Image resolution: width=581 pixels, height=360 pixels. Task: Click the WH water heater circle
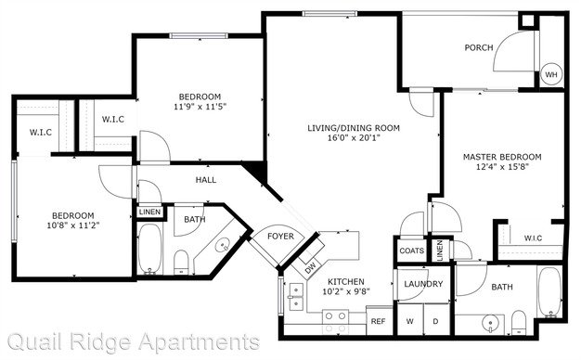coord(551,74)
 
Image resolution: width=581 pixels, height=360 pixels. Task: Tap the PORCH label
coord(479,47)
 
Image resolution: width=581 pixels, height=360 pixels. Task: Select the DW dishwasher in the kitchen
coord(310,267)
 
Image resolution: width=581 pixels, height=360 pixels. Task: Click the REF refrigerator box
coord(379,321)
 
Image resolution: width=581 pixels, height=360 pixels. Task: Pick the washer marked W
coord(410,320)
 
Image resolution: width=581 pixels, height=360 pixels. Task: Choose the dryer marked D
coord(436,320)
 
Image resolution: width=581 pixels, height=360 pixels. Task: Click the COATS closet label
coord(412,251)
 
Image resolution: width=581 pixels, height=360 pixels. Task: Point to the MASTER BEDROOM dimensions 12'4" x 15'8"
coord(502,167)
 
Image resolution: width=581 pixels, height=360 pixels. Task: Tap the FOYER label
coord(280,236)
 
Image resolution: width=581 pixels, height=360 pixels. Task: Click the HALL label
coord(206,180)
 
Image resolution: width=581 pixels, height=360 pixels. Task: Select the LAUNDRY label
coord(423,284)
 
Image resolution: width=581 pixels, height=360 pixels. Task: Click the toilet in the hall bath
coord(181,262)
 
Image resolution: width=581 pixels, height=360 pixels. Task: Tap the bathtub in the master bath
coord(549,292)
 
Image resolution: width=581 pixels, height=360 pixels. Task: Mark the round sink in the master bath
coord(491,324)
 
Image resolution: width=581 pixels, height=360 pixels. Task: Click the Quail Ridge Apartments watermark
coord(134,342)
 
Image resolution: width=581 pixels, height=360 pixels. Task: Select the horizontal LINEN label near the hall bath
coord(150,212)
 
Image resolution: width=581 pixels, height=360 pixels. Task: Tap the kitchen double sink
coord(295,297)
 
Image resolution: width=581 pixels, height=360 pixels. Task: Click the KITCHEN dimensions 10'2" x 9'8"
coord(346,292)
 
